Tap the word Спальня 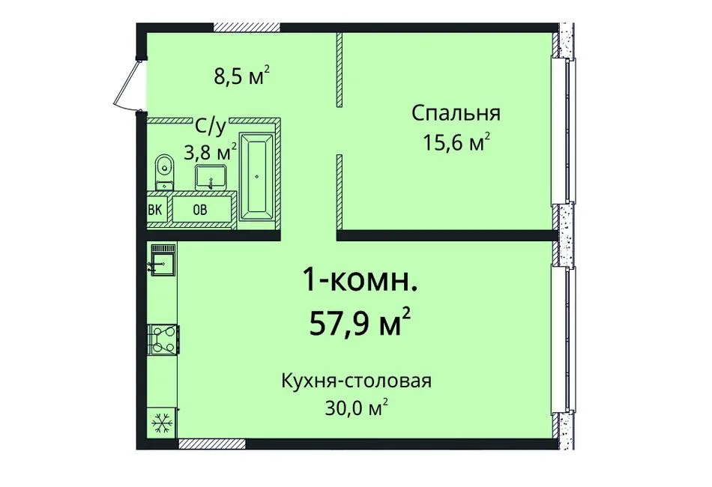point(456,114)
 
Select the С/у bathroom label point(211,127)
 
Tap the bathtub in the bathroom point(257,177)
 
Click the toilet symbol point(163,172)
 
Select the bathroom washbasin point(212,177)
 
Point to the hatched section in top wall point(247,28)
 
